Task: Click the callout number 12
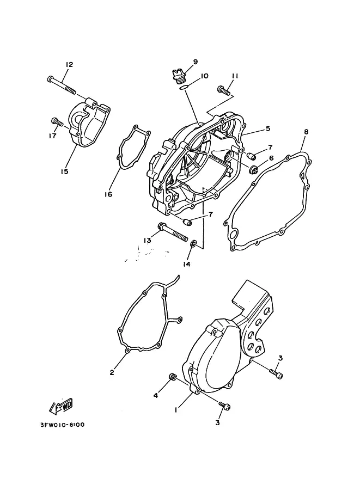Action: pos(69,65)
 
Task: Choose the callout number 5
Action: pos(268,128)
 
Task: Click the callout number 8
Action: pos(306,132)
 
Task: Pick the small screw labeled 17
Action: pos(57,122)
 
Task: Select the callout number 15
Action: pos(64,171)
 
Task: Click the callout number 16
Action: pos(108,194)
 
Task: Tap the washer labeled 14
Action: pos(193,244)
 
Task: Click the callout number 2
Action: pos(112,373)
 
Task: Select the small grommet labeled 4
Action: pos(173,377)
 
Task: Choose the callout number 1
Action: pos(175,409)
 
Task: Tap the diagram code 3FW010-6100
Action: pos(63,425)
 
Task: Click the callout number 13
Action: pos(147,241)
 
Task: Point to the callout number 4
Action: pos(156,396)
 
